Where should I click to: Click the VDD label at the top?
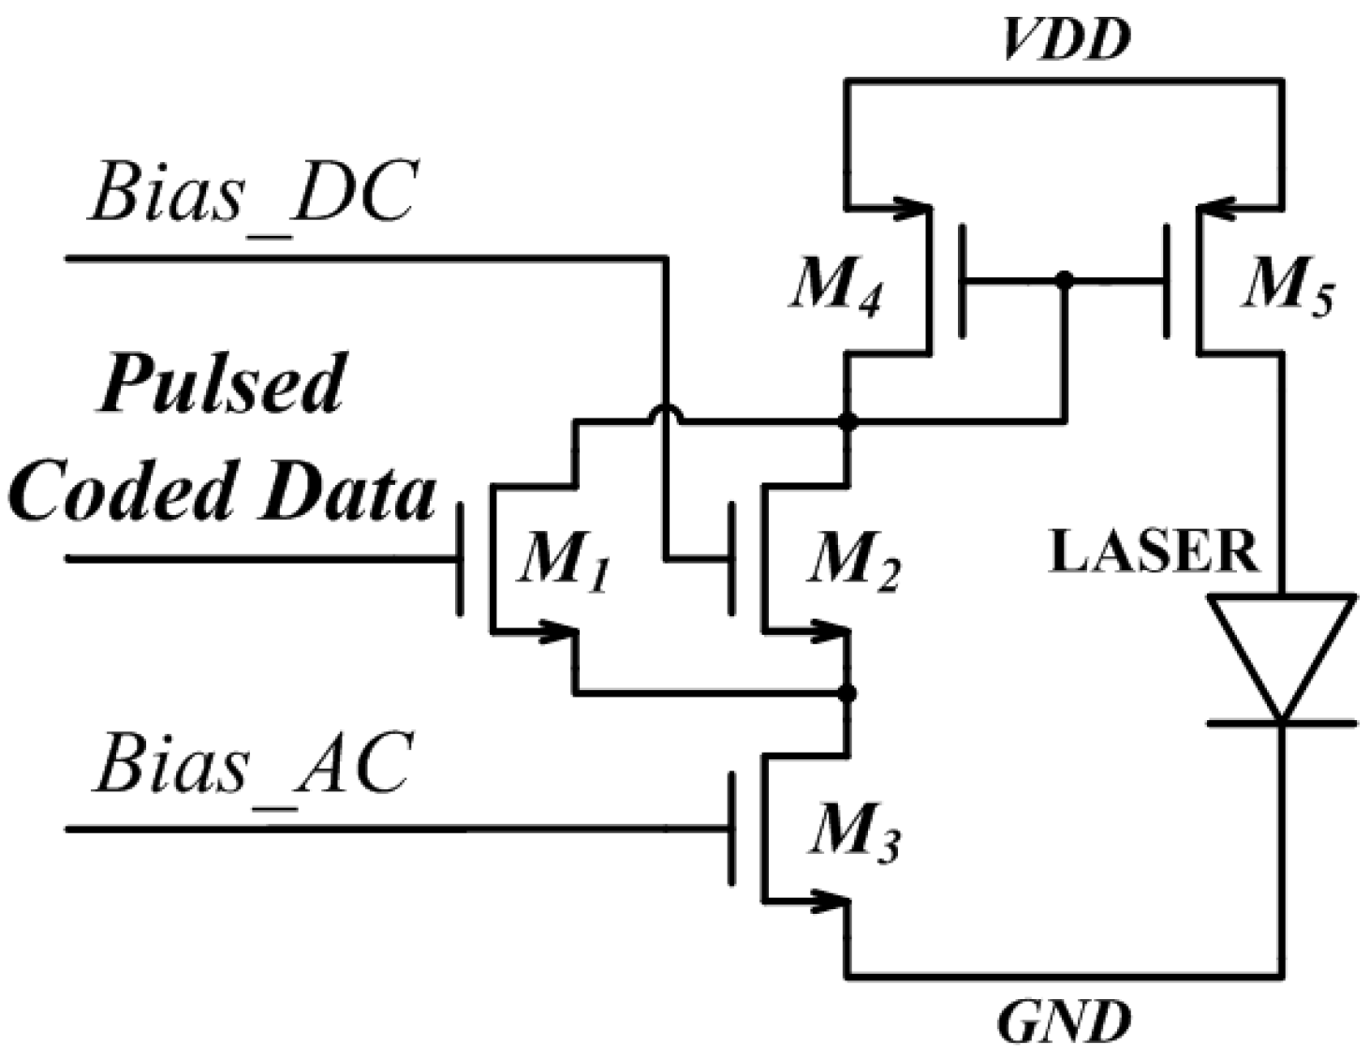pyautogui.click(x=1066, y=39)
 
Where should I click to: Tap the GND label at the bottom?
pyautogui.click(x=1064, y=1022)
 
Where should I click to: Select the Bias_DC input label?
pyautogui.click(x=251, y=194)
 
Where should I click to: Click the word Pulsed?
pyautogui.click(x=222, y=384)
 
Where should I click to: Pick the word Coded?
pyautogui.click(x=122, y=492)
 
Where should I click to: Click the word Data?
pyautogui.click(x=347, y=492)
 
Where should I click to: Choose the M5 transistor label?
pyautogui.click(x=1288, y=286)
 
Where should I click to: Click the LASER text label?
pyautogui.click(x=1154, y=552)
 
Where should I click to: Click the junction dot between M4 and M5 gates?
pyautogui.click(x=1063, y=279)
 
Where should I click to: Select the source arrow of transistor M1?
pyautogui.click(x=552, y=632)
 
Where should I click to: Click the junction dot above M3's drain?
pyautogui.click(x=847, y=693)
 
